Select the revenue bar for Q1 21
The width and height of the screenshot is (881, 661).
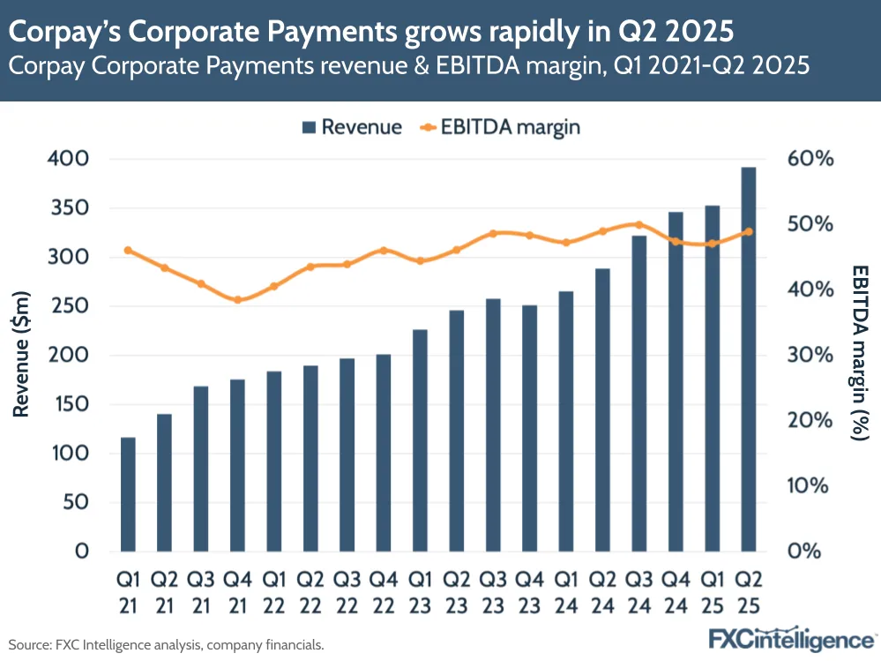pos(128,494)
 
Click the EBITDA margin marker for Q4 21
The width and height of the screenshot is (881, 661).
pos(237,300)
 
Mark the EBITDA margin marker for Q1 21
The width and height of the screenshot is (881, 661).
pos(128,250)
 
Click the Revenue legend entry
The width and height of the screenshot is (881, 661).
pos(352,127)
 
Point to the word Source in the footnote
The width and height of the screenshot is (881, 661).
pos(27,645)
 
